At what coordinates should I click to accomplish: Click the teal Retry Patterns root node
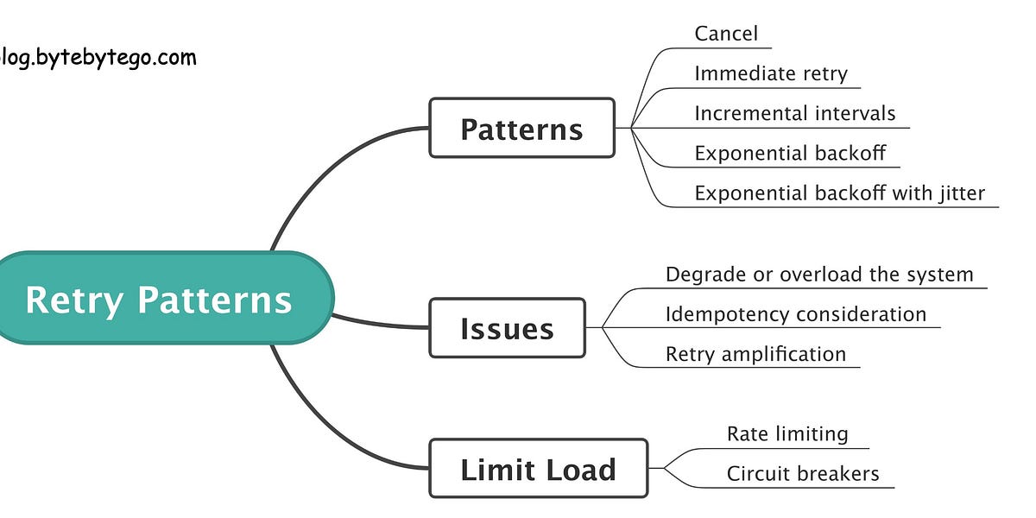click(x=160, y=299)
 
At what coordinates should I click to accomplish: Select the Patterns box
click(x=521, y=129)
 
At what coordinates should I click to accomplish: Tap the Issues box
click(x=507, y=328)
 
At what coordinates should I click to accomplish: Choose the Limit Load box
click(x=538, y=469)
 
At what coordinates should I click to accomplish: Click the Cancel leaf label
click(x=726, y=34)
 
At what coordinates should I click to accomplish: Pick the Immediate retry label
click(x=771, y=73)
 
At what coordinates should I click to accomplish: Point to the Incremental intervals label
click(x=795, y=113)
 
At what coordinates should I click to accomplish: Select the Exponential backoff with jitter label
click(x=839, y=193)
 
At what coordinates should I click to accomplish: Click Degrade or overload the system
click(x=819, y=275)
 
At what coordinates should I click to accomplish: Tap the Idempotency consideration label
click(x=795, y=314)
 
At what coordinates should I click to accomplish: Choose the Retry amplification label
click(x=755, y=354)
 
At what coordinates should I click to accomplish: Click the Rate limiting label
click(x=787, y=433)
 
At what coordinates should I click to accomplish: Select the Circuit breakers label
click(x=803, y=473)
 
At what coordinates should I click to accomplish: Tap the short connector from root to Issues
click(x=380, y=324)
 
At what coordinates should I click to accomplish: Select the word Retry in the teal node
click(x=74, y=299)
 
